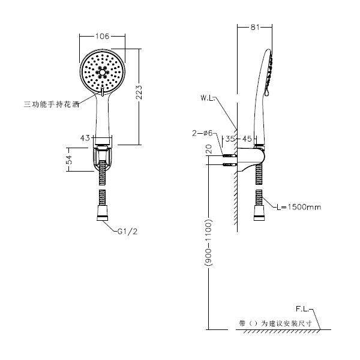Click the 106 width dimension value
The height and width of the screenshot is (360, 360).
click(103, 37)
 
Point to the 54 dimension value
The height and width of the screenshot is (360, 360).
click(68, 160)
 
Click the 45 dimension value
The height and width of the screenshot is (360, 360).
click(247, 139)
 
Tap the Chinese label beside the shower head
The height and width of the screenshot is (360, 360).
click(52, 104)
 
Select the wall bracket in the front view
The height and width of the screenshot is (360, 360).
click(103, 157)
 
